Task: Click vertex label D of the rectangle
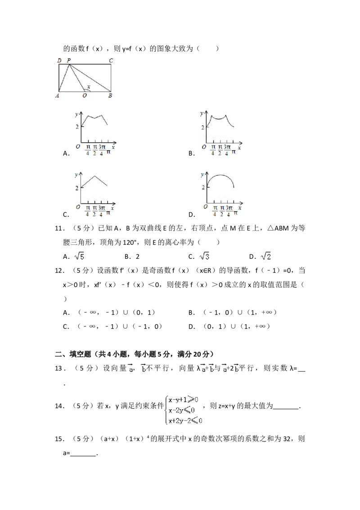pyautogui.click(x=59, y=60)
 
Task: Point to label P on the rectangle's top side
pyautogui.click(x=68, y=60)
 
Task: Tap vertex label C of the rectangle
pyautogui.click(x=111, y=60)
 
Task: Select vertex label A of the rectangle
pyautogui.click(x=58, y=95)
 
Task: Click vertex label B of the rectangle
pyautogui.click(x=110, y=95)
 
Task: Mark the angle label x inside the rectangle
pyautogui.click(x=88, y=86)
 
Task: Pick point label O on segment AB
pyautogui.click(x=85, y=95)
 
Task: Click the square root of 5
pyautogui.click(x=79, y=257)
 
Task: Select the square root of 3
pyautogui.click(x=205, y=257)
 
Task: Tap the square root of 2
pyautogui.click(x=266, y=257)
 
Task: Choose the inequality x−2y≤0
pyautogui.click(x=182, y=410)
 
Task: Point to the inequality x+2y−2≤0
pyautogui.click(x=186, y=420)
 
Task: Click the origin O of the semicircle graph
pyautogui.click(x=205, y=207)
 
